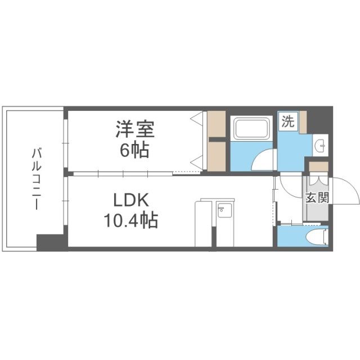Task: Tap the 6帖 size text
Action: (x=135, y=151)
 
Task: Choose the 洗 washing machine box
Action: (x=287, y=122)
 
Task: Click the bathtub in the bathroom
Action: (x=253, y=129)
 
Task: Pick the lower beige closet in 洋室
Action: (x=216, y=155)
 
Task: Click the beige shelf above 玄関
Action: (x=318, y=168)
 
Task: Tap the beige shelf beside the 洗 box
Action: (x=303, y=122)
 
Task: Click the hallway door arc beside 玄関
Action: (x=291, y=186)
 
